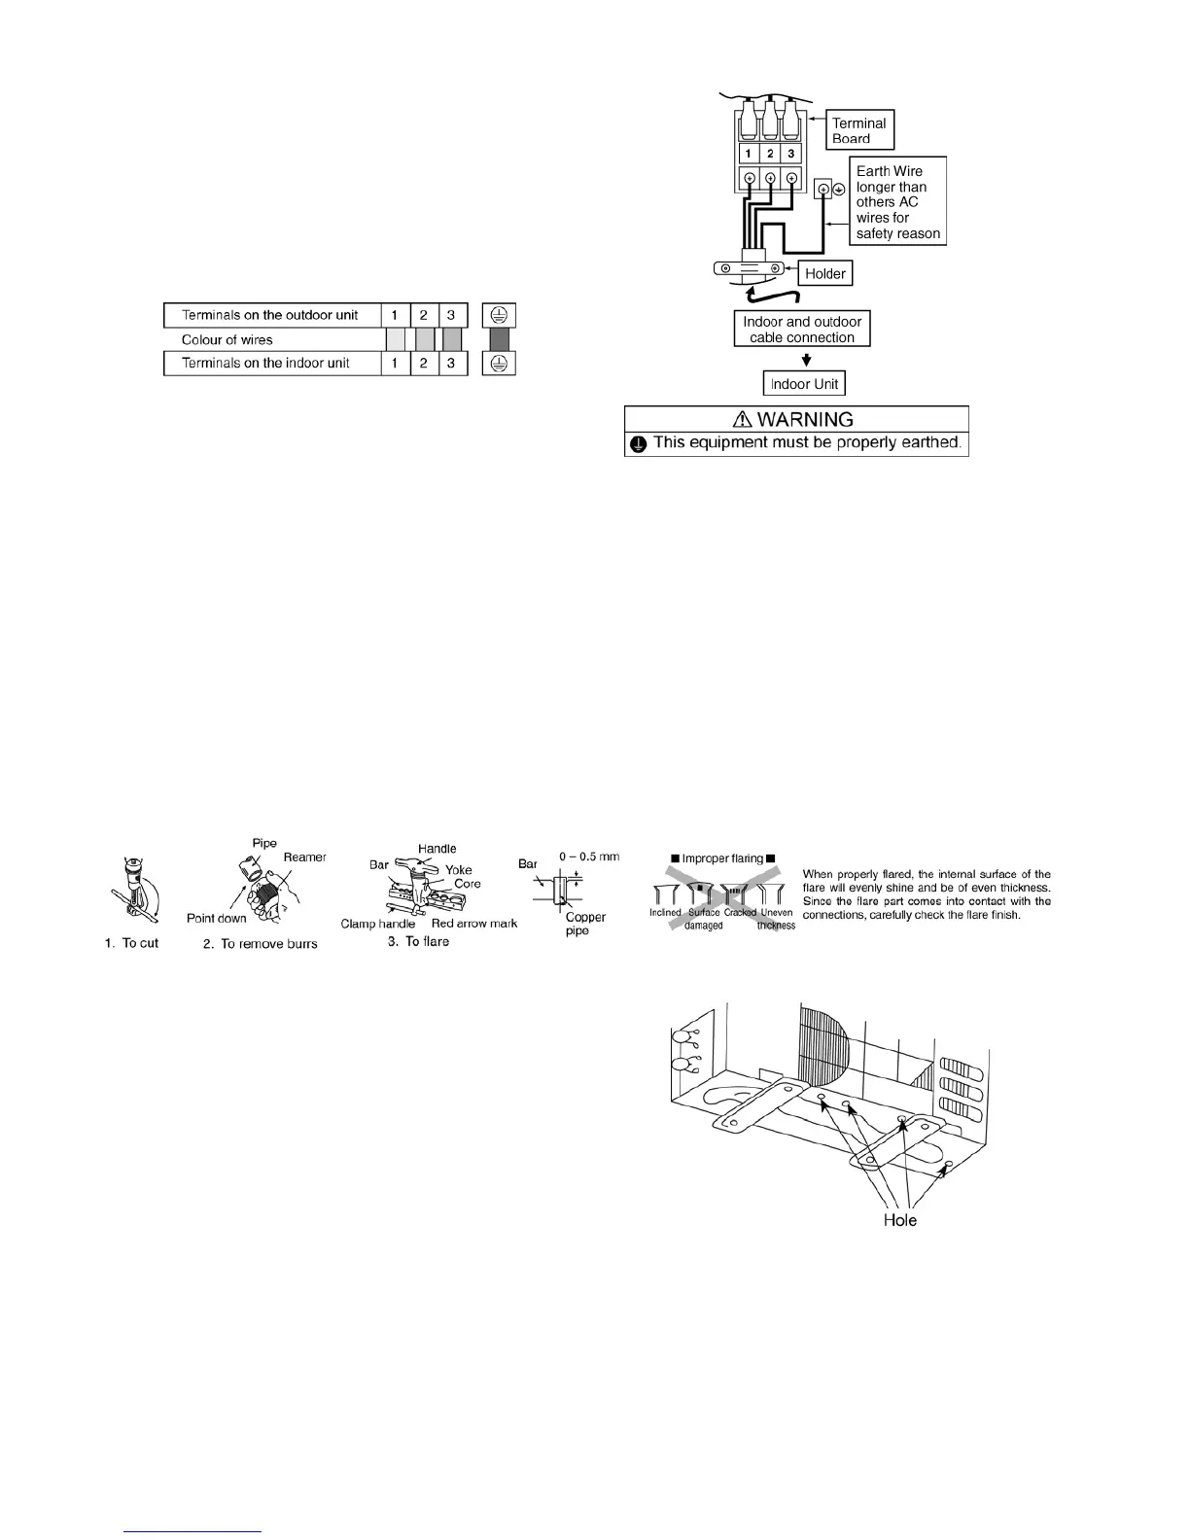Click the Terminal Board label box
click(x=860, y=130)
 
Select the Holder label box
click(x=824, y=274)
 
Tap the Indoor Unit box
click(x=804, y=384)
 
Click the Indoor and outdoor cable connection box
click(x=802, y=330)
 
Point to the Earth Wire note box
click(x=897, y=202)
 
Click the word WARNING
click(x=806, y=420)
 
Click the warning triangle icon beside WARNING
click(x=744, y=420)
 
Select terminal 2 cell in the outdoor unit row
click(x=424, y=315)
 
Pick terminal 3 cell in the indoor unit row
click(x=451, y=363)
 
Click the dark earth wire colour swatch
click(x=499, y=339)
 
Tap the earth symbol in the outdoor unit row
click(x=499, y=315)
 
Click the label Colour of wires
click(x=227, y=339)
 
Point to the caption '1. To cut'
click(x=131, y=943)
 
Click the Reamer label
click(x=304, y=857)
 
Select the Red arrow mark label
click(x=473, y=923)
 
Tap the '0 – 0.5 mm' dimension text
click(x=589, y=857)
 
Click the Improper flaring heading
click(x=720, y=858)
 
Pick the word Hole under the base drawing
click(x=899, y=1220)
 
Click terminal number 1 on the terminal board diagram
click(x=749, y=154)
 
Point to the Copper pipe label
click(x=585, y=924)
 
